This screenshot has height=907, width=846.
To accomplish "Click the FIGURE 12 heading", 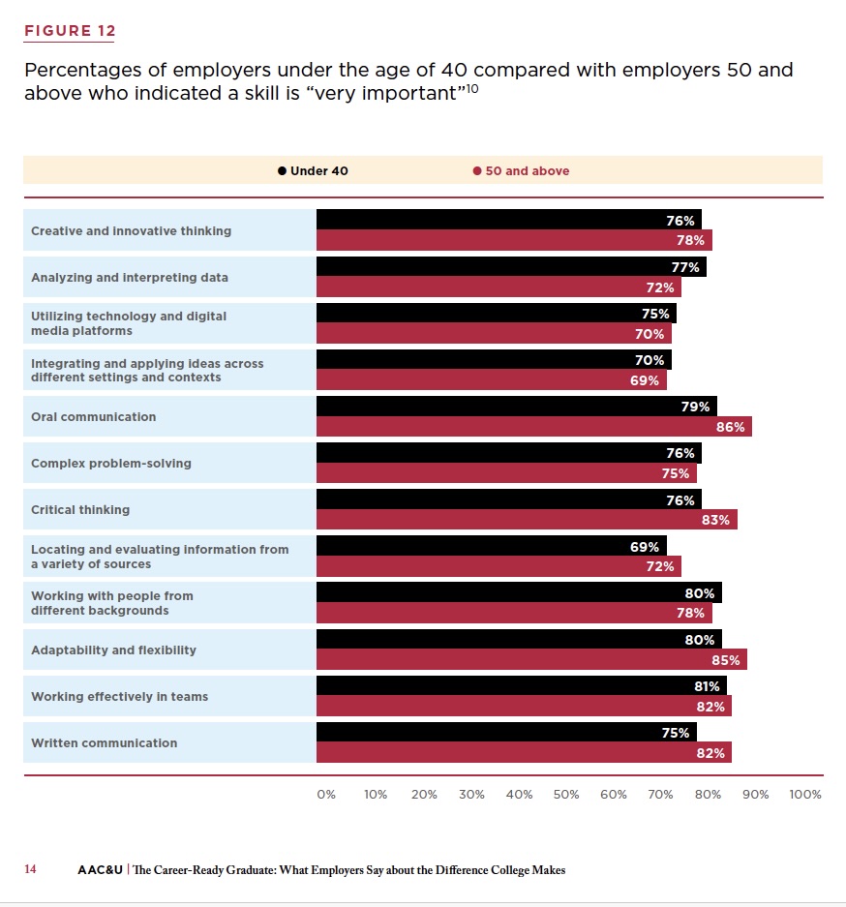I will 70,31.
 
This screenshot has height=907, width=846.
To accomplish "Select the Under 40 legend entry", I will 313,171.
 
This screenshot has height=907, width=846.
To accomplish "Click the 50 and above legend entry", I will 522,171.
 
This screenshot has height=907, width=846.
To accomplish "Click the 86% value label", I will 730,427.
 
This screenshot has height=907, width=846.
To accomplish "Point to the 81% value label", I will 706,686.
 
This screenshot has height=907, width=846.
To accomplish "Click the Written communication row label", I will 104,743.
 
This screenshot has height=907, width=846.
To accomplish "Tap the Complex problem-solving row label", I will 111,464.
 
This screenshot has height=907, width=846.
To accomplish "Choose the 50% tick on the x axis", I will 566,795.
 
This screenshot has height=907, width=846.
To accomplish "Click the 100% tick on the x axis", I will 804,795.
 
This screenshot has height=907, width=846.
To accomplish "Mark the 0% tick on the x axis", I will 326,795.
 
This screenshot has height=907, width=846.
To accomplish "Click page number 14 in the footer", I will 30,870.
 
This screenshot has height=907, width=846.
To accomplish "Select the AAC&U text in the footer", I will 100,870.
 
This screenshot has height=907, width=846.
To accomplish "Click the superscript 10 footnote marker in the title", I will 472,89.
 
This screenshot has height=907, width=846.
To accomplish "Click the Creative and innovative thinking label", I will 131,231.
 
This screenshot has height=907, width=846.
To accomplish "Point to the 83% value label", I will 715,520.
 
